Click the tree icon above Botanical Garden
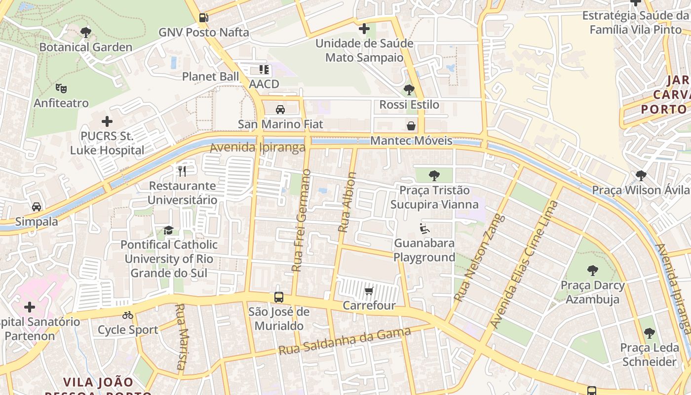click(85, 33)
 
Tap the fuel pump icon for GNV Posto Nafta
click(203, 18)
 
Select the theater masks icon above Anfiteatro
click(61, 88)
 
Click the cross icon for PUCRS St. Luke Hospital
click(107, 121)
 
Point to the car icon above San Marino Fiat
click(280, 109)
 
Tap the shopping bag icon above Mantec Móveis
click(411, 126)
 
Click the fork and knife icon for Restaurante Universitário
click(182, 171)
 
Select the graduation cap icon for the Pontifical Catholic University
click(168, 230)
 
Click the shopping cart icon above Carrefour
click(369, 291)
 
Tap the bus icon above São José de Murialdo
click(279, 297)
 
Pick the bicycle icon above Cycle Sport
click(128, 315)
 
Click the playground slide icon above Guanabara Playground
click(424, 229)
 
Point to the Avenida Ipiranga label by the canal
click(258, 148)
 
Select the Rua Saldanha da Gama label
click(344, 341)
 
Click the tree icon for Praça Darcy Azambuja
click(592, 270)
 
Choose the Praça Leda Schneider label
click(649, 355)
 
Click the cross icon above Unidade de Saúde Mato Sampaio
click(364, 29)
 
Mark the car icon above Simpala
click(37, 206)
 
